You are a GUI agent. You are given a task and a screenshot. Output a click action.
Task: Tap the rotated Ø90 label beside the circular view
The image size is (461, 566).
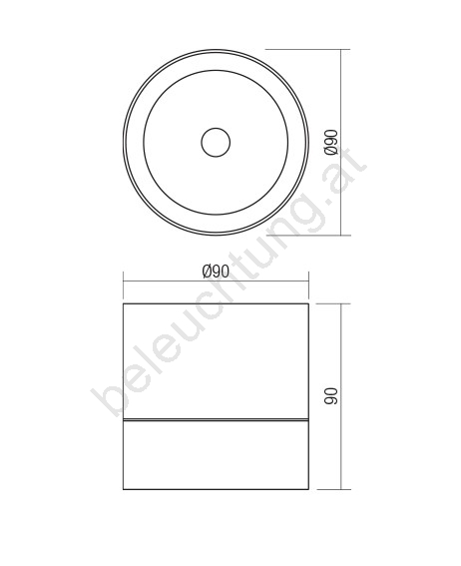point(331,142)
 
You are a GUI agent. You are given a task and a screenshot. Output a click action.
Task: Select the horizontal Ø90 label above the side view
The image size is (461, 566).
point(216,272)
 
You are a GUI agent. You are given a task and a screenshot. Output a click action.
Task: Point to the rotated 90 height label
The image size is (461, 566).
point(331,396)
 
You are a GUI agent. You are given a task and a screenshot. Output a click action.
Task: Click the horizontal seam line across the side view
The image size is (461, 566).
point(216,420)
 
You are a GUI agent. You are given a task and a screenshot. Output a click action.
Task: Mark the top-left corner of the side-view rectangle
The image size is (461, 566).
point(124,303)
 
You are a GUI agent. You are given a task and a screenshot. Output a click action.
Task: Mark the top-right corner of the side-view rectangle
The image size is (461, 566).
point(308,303)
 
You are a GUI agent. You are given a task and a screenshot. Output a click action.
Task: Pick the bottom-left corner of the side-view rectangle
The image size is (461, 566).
point(124,489)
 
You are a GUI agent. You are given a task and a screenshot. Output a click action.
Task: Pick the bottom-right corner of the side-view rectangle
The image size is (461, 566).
point(308,489)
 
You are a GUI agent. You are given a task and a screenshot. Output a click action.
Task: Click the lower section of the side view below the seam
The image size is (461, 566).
point(216,455)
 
